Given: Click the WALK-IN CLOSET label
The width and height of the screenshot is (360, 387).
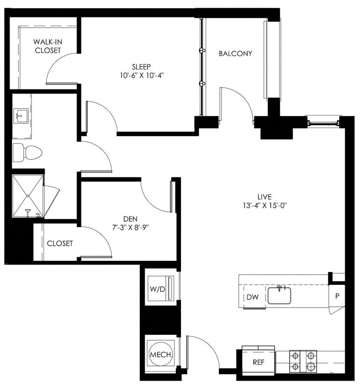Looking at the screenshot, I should pos(48,46).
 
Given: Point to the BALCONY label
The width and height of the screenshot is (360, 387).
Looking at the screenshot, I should pos(235,54).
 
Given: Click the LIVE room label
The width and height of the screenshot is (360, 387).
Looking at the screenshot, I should pos(264,197).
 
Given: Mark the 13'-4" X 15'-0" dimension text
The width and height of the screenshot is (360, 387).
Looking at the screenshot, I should pos(264,205).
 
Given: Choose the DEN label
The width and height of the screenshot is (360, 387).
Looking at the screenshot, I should pos(130,219).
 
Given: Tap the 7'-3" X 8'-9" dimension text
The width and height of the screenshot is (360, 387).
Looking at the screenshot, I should pos(130,227).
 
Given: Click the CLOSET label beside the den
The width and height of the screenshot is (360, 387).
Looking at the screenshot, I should pos(60,243).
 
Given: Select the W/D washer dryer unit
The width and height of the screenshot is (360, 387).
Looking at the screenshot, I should pos(160,289).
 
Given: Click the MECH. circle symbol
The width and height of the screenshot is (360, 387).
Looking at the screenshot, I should pos(161,355).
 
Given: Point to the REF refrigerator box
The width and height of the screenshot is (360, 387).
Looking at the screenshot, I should pos(259,362).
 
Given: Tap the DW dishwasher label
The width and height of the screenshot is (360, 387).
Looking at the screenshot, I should pos(253,297).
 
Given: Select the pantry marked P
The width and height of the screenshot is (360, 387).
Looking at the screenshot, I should pos(337,296).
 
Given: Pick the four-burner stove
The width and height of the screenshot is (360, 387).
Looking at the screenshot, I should pos(303,360).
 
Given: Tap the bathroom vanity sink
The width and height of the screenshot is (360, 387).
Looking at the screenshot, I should pos(21,116).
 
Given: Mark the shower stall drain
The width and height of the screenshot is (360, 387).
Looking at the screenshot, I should pos(27,196).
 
